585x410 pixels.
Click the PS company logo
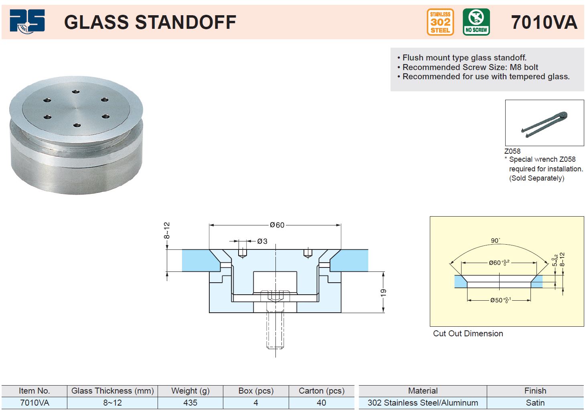coord(27,21)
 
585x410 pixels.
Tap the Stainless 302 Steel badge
coord(440,22)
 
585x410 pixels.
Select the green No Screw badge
coord(476,22)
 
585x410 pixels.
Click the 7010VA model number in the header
coord(544,22)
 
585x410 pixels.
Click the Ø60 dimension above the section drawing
coord(277,225)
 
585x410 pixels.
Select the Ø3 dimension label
coord(262,241)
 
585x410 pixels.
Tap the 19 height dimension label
coord(383,293)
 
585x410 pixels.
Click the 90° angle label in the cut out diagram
coord(496,241)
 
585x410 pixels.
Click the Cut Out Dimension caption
coord(468,334)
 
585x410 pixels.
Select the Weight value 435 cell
coord(190,403)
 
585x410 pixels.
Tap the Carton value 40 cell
coord(322,403)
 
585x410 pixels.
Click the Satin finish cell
coord(535,403)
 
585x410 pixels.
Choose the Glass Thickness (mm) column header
coord(113,391)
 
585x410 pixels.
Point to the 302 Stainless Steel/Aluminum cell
coord(423,403)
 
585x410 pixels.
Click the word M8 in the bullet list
coord(516,67)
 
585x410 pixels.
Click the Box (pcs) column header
coord(256,391)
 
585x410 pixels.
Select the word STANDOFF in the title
coord(186,22)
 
